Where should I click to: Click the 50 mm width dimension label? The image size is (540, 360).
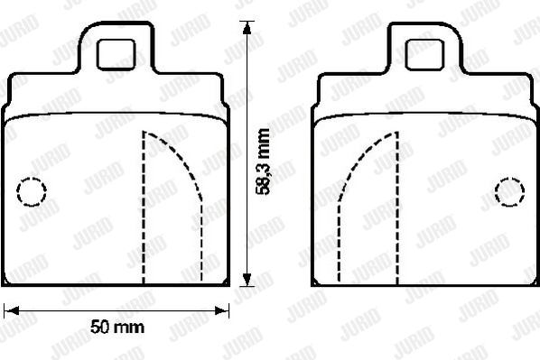(117, 327)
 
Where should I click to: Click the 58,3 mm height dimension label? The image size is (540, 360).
(263, 162)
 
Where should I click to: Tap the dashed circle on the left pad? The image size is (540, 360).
(32, 191)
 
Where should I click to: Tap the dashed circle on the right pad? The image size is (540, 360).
(509, 192)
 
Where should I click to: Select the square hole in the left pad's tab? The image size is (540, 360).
(116, 55)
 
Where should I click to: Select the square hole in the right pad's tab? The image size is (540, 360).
(424, 55)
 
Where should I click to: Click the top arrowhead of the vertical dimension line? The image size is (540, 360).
(247, 28)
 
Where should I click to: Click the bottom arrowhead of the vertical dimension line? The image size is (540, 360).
(247, 279)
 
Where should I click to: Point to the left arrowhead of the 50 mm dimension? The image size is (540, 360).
(11, 310)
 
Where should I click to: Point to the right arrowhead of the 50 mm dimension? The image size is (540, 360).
(222, 310)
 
